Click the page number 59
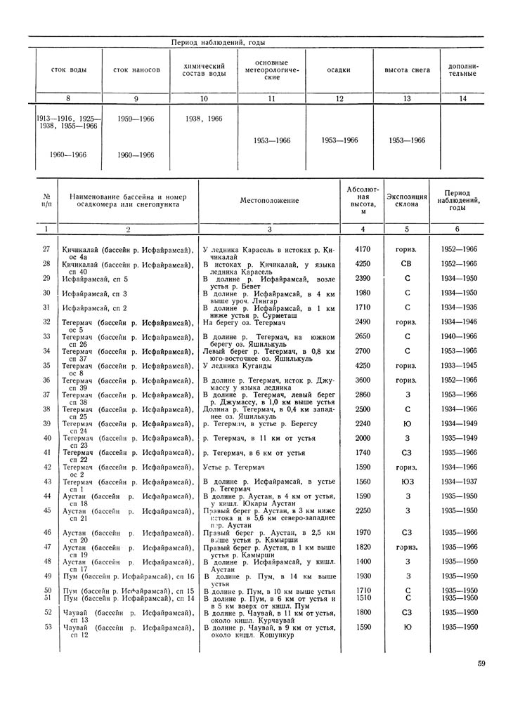click(x=481, y=663)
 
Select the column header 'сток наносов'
click(x=136, y=70)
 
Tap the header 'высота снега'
click(x=407, y=70)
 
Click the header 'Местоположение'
click(x=269, y=201)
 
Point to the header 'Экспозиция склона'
click(x=407, y=200)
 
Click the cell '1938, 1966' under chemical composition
click(x=204, y=119)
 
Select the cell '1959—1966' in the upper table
click(x=136, y=119)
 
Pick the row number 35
click(x=47, y=365)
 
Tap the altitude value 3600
click(x=363, y=380)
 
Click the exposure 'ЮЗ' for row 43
click(x=407, y=482)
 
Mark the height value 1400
click(x=363, y=562)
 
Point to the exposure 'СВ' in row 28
click(x=407, y=263)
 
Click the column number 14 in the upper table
click(x=462, y=99)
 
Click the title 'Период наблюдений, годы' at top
click(x=219, y=43)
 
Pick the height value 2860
click(x=363, y=395)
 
